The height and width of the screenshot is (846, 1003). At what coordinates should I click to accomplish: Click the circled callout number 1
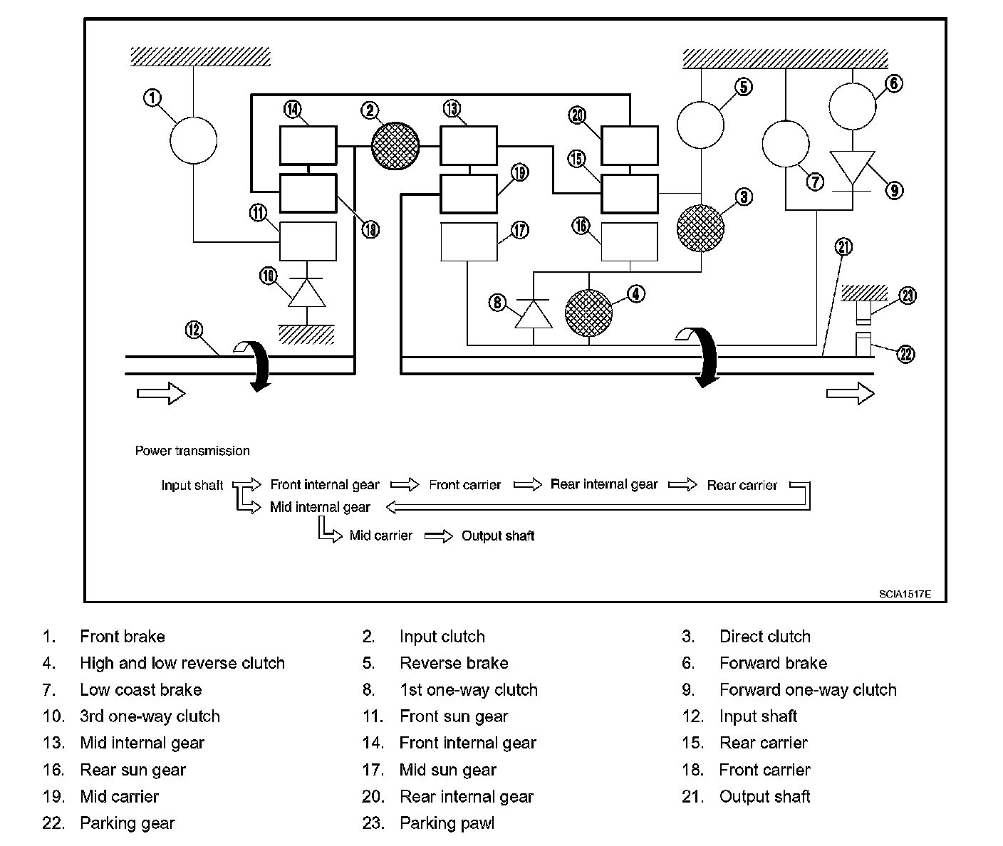[x=152, y=98]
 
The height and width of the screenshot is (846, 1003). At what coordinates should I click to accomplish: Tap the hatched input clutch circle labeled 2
[x=395, y=146]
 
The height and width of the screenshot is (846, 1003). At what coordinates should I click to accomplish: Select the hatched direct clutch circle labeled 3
[x=700, y=228]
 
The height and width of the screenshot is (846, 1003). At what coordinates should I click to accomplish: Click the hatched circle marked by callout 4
[x=589, y=313]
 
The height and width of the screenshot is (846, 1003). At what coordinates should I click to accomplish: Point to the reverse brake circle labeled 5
[x=700, y=125]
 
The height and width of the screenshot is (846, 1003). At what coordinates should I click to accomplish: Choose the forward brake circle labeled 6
[x=853, y=106]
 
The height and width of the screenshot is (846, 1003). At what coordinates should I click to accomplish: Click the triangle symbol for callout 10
[x=307, y=293]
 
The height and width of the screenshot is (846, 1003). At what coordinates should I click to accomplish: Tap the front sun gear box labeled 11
[x=308, y=241]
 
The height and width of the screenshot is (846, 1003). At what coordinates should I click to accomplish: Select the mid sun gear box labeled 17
[x=469, y=241]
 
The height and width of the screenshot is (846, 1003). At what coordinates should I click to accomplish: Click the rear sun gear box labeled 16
[x=629, y=241]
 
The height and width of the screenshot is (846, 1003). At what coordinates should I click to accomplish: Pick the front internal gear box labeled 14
[x=308, y=145]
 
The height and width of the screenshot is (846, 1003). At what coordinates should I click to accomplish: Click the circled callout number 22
[x=906, y=355]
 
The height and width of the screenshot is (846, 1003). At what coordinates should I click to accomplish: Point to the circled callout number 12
[x=194, y=330]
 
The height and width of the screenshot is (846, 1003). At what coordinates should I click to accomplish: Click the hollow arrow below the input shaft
[x=162, y=394]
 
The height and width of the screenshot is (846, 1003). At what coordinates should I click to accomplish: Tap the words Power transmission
[x=192, y=451]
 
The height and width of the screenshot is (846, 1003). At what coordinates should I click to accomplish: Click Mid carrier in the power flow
[x=380, y=536]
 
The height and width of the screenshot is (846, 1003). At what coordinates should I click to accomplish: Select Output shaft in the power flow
[x=498, y=536]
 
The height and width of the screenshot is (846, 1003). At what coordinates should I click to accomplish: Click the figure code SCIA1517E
[x=905, y=595]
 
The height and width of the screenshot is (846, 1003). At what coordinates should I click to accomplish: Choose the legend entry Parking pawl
[x=447, y=823]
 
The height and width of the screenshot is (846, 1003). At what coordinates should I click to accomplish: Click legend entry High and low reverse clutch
[x=182, y=663]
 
